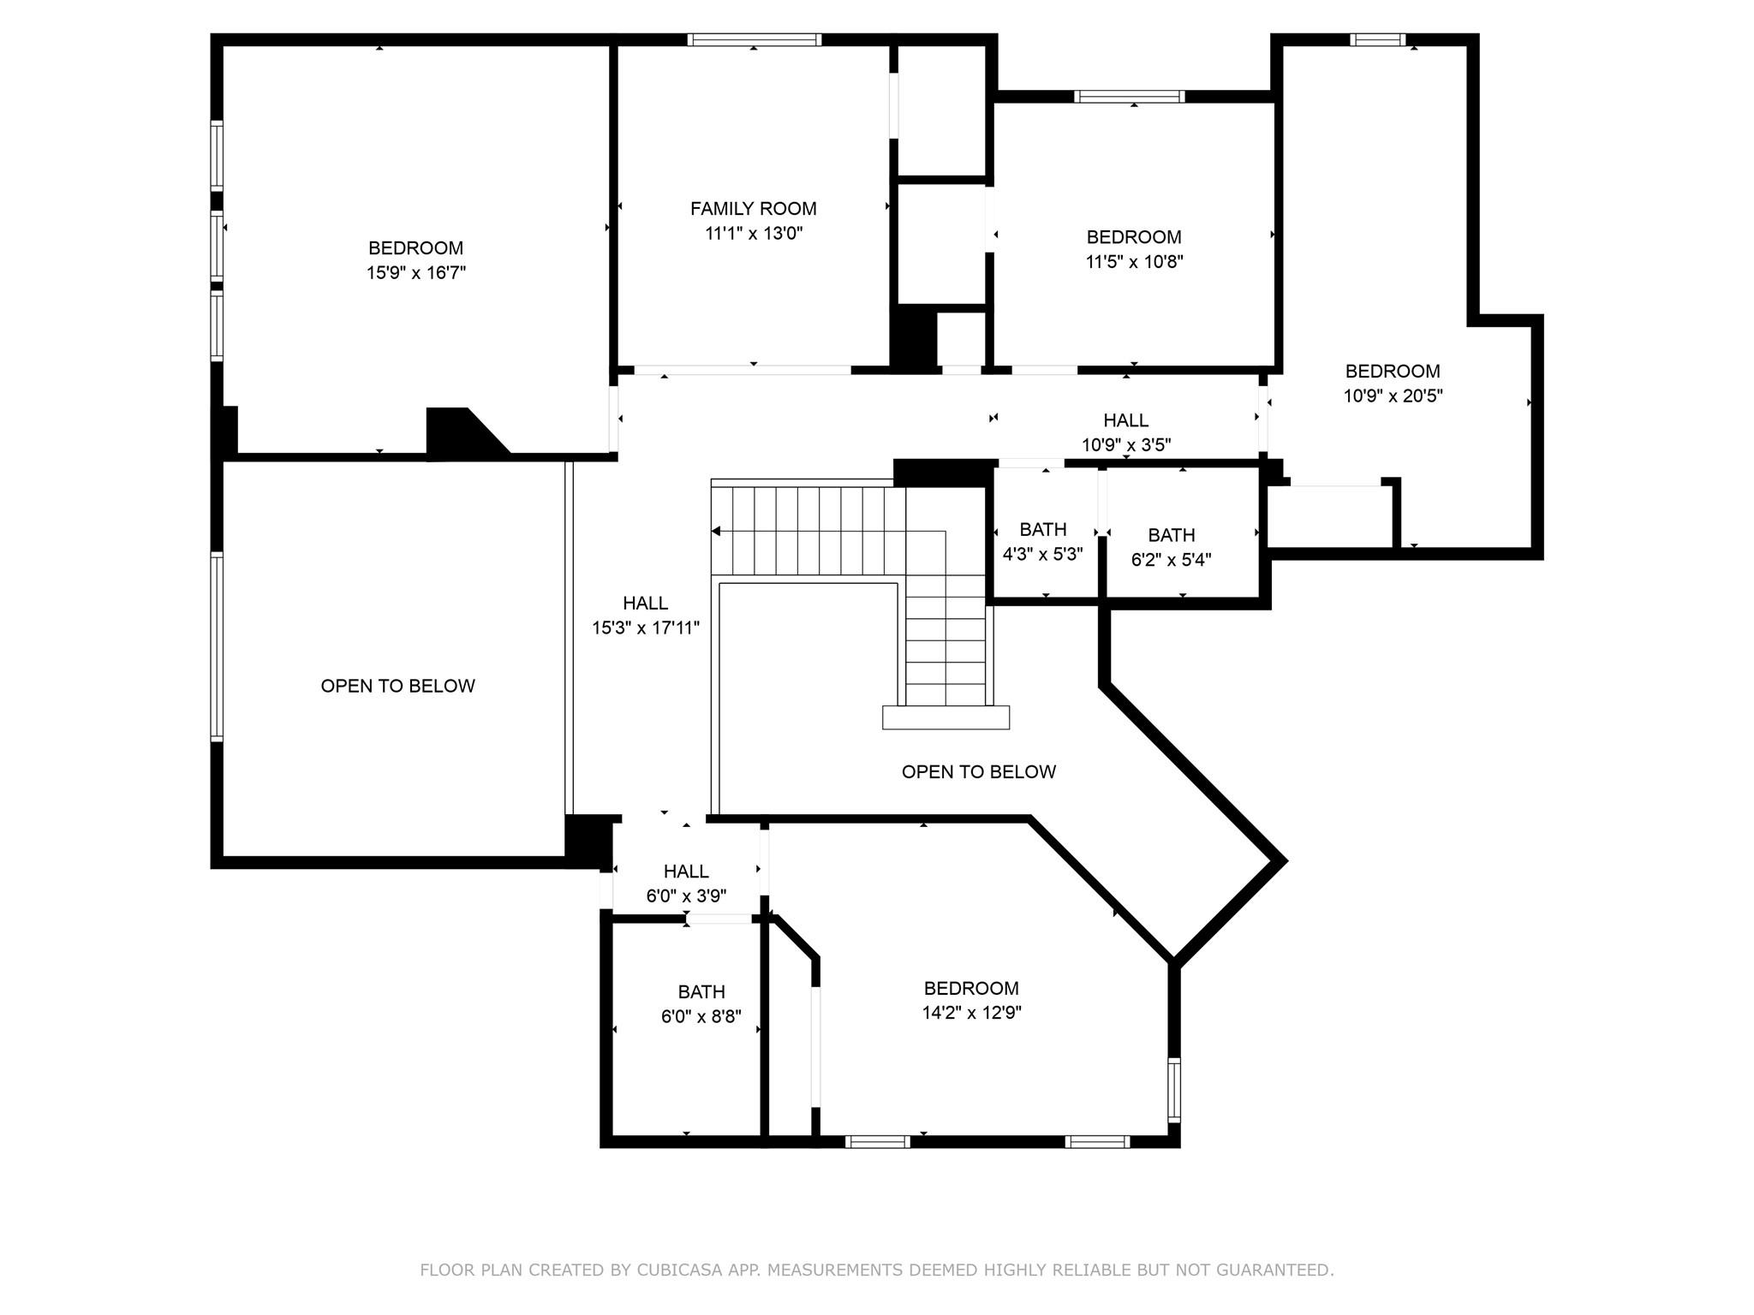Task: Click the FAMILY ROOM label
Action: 753,208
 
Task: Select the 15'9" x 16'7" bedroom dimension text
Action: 416,273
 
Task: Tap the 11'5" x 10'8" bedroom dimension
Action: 1134,262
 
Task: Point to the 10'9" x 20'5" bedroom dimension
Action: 1393,396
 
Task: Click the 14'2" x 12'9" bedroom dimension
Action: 971,1013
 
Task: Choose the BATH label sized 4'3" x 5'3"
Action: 1042,529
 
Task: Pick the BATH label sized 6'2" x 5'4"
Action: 1171,535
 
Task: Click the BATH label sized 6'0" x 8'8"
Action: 701,991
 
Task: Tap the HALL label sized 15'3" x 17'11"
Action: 645,603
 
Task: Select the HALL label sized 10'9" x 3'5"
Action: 1125,419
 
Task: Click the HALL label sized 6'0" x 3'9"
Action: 686,871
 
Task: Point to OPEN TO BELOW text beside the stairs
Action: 978,771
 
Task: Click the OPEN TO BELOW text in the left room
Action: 397,686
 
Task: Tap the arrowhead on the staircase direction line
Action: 716,532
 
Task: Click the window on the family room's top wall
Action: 754,39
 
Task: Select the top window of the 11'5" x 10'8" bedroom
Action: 1130,97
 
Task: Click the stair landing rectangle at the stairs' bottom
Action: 946,717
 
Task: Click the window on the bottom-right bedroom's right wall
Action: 1174,1090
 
